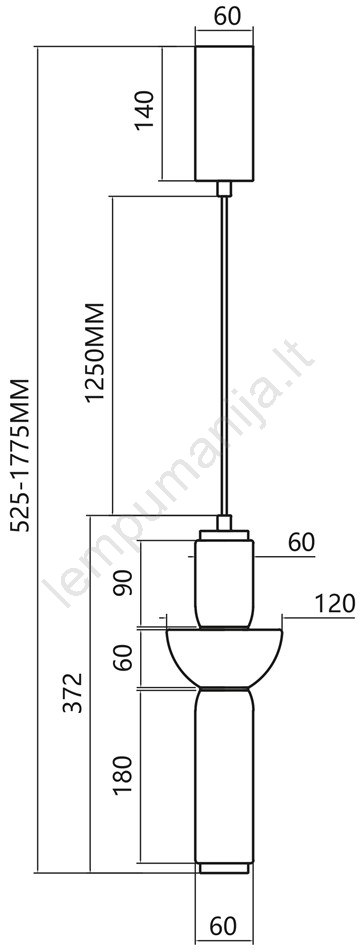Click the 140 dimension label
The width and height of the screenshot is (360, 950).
[x=144, y=110]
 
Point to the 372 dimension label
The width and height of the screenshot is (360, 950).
[x=74, y=693]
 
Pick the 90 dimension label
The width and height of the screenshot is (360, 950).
[x=125, y=583]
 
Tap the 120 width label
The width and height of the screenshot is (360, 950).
[x=334, y=604]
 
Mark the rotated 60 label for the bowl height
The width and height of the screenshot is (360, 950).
[x=124, y=658]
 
